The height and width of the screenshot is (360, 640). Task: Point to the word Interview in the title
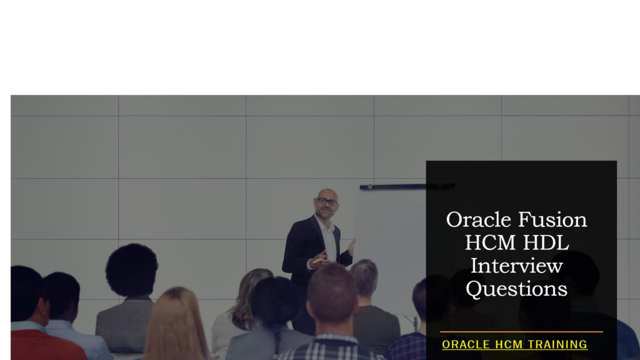pyautogui.click(x=516, y=266)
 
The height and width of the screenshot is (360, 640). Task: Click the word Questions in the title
pyautogui.click(x=516, y=289)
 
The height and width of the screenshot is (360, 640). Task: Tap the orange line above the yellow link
pyautogui.click(x=521, y=332)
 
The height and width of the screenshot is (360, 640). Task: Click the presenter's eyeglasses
pyautogui.click(x=326, y=202)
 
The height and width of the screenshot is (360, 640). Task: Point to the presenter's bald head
pyautogui.click(x=327, y=193)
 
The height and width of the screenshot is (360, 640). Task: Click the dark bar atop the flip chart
pyautogui.click(x=407, y=186)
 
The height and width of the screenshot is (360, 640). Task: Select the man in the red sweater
pyautogui.click(x=34, y=325)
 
